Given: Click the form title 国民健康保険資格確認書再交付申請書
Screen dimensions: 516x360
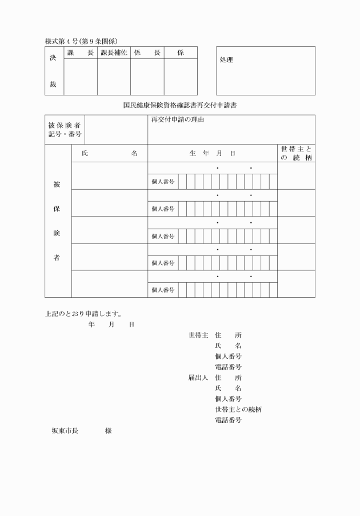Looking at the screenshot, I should click(180, 105).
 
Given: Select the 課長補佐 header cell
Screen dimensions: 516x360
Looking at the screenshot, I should click(114, 53).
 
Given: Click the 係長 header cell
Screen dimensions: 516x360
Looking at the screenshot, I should click(147, 53).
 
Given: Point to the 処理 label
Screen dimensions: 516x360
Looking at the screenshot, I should click(226, 60).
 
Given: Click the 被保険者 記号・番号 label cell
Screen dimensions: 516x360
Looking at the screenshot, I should click(65, 130).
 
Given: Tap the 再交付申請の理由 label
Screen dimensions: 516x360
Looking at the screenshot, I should click(178, 120).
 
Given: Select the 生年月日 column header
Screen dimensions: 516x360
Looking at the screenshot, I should click(212, 153).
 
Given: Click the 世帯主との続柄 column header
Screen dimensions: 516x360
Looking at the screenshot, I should click(296, 153).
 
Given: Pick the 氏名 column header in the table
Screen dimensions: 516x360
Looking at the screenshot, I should click(110, 153).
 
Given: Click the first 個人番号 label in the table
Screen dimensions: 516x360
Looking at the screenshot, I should click(163, 182).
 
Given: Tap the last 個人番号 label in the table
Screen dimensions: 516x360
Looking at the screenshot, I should click(163, 290).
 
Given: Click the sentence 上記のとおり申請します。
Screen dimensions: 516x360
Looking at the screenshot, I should click(86, 313).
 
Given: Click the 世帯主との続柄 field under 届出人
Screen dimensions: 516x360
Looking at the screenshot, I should click(238, 410).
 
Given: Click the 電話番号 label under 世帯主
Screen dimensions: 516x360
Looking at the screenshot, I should click(228, 367).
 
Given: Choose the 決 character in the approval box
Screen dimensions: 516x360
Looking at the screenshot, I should click(53, 58).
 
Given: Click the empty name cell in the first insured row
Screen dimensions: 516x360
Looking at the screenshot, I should click(110, 175).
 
